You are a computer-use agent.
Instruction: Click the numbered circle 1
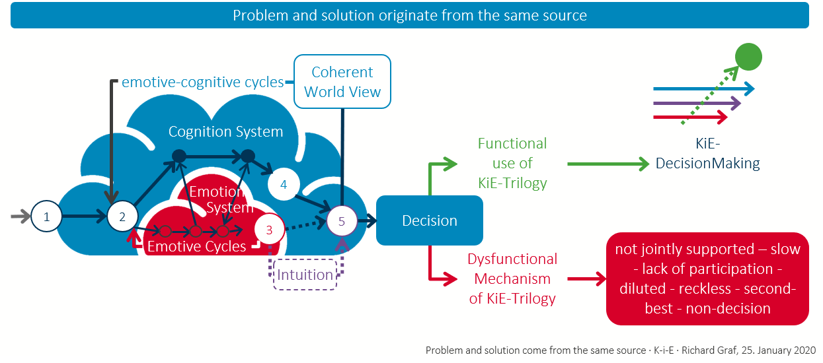click(46, 216)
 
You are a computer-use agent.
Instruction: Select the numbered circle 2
click(122, 216)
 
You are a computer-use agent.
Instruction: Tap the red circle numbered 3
click(269, 230)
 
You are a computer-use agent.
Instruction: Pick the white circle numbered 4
click(284, 184)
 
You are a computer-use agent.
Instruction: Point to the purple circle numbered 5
click(342, 221)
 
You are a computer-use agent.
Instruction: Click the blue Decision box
click(430, 220)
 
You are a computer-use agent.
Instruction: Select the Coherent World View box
click(342, 81)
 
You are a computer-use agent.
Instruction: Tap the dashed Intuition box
click(305, 275)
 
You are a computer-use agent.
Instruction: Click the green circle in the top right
click(748, 56)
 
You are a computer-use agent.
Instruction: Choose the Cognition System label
click(225, 131)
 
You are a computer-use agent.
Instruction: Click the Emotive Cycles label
click(196, 247)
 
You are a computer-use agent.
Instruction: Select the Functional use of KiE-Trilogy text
click(512, 163)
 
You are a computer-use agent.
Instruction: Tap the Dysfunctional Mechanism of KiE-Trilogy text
click(512, 279)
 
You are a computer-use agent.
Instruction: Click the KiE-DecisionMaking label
click(707, 154)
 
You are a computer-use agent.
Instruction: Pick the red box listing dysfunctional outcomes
click(707, 279)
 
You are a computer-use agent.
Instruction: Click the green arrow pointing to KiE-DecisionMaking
click(608, 164)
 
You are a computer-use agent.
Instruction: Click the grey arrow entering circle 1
click(21, 216)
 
